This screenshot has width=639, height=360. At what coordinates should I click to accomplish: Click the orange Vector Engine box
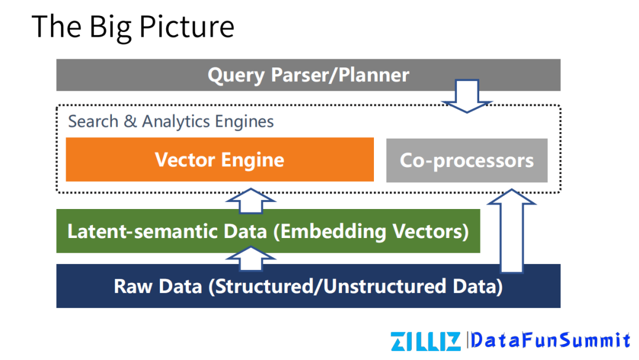pyautogui.click(x=220, y=159)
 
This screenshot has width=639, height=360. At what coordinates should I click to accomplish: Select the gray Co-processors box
pyautogui.click(x=467, y=160)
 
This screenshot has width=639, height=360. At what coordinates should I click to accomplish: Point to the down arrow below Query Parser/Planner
pyautogui.click(x=467, y=97)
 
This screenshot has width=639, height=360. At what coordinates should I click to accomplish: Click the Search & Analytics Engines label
pyautogui.click(x=171, y=121)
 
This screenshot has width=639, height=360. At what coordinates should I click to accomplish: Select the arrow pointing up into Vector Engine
pyautogui.click(x=251, y=201)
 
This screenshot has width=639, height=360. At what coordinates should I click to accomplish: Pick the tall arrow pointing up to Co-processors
pyautogui.click(x=511, y=231)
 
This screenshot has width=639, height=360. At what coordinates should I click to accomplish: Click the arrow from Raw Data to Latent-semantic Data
pyautogui.click(x=251, y=259)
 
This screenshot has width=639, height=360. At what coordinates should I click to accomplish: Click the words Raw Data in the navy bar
pyautogui.click(x=158, y=286)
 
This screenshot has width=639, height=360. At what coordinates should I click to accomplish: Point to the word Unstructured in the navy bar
pyautogui.click(x=385, y=286)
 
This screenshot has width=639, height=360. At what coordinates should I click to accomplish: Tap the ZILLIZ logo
pyautogui.click(x=425, y=342)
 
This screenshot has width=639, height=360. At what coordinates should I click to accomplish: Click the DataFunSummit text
pyautogui.click(x=550, y=340)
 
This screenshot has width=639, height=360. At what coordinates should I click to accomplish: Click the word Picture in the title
pyautogui.click(x=187, y=27)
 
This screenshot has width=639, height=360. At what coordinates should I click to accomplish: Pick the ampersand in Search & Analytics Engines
pyautogui.click(x=130, y=121)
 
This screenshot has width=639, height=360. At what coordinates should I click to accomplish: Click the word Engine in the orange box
pyautogui.click(x=253, y=160)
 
